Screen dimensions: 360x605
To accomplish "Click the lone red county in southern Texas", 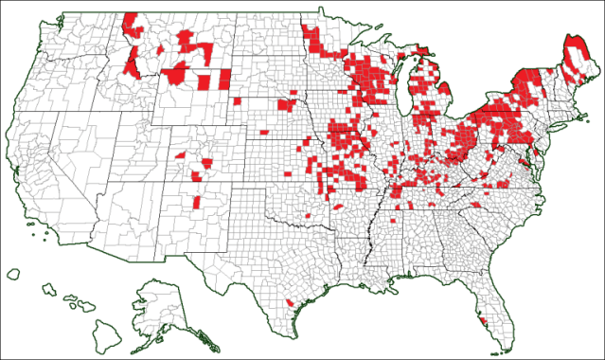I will [x=288, y=303].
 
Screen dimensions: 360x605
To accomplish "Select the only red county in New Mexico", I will [x=196, y=203].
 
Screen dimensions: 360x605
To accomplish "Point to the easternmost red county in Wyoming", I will [x=224, y=81].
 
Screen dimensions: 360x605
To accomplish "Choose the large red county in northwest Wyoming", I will [x=175, y=74].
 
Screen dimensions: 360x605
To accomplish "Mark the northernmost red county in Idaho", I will [x=130, y=21].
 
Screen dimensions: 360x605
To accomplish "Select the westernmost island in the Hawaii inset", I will [x=12, y=274].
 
